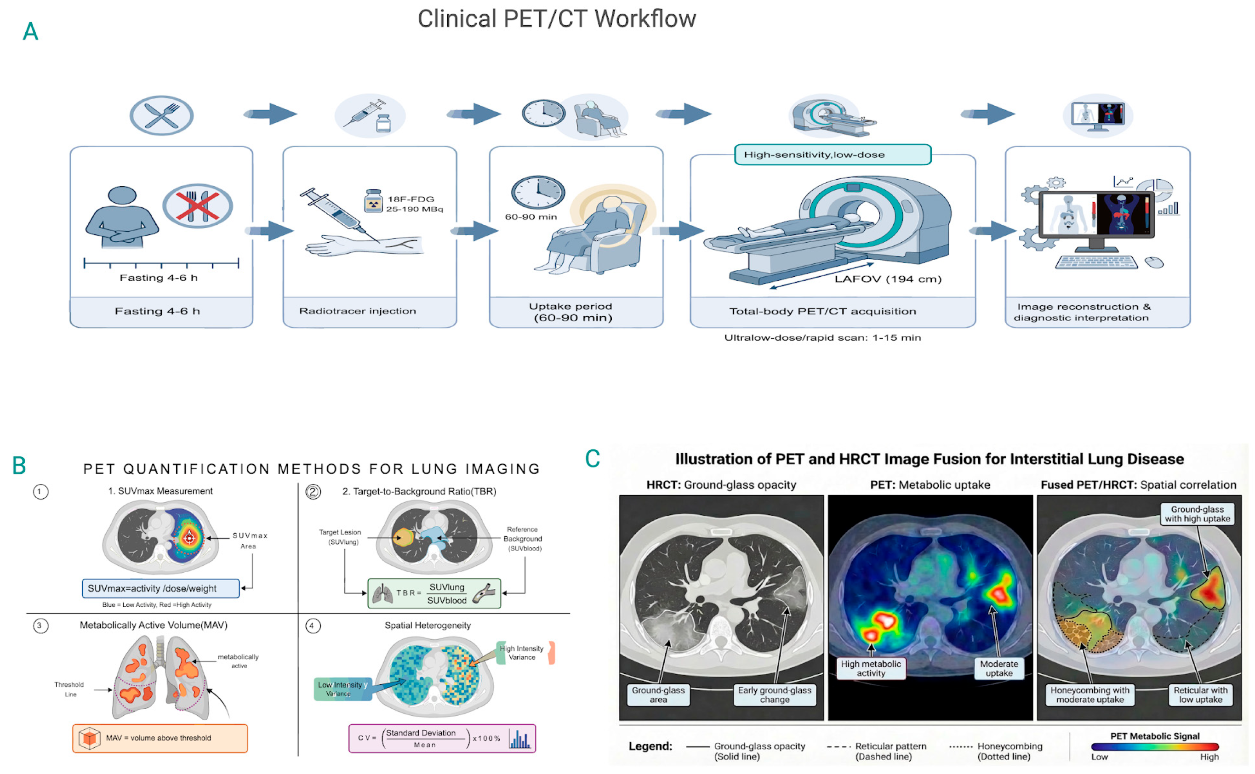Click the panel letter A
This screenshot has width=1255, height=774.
point(31,32)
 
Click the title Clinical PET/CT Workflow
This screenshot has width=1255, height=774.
point(557,19)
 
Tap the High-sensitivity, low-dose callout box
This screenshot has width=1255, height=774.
point(833,154)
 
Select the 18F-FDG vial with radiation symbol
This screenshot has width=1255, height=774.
point(373,201)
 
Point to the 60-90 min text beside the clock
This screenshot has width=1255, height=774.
point(531,217)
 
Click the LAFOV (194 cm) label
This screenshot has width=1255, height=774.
point(888,279)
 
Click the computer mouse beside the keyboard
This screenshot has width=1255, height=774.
point(1154,262)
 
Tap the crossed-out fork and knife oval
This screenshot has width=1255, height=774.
point(198,206)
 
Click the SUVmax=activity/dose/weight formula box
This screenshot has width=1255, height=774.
point(161,589)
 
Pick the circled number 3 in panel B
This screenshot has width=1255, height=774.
point(40,626)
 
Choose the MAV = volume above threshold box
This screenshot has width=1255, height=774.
point(160,739)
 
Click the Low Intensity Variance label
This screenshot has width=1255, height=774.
point(342,689)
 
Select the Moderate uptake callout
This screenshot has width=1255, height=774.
point(999,669)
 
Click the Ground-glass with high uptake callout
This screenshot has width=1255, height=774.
point(1197,514)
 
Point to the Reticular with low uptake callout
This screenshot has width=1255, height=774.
point(1200,695)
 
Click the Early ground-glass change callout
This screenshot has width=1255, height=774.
point(774,695)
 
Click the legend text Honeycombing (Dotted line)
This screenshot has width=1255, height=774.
point(1009,751)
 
